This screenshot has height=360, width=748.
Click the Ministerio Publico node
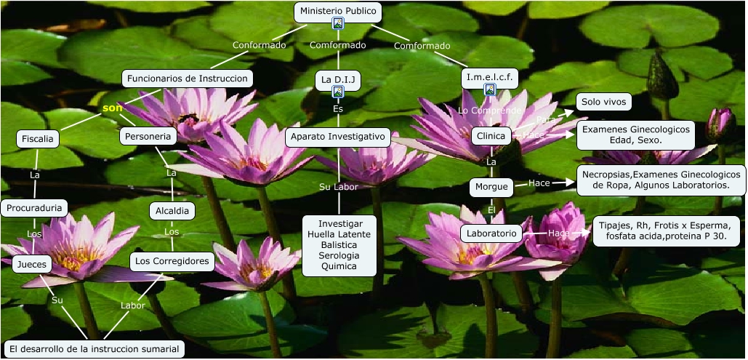pyautogui.click(x=338, y=11)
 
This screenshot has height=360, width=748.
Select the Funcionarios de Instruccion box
pyautogui.click(x=188, y=79)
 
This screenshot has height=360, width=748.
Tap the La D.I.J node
pyautogui.click(x=338, y=78)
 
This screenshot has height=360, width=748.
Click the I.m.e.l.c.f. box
pyautogui.click(x=490, y=76)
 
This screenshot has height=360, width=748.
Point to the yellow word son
pyautogui.click(x=112, y=108)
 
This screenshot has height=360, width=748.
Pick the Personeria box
pyautogui.click(x=148, y=136)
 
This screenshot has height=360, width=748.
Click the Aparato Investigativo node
pyautogui.click(x=338, y=136)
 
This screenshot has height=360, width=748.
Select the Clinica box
pyautogui.click(x=491, y=136)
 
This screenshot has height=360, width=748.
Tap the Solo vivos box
pyautogui.click(x=603, y=102)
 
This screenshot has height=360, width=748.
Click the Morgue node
pyautogui.click(x=491, y=186)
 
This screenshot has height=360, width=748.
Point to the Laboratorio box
pyautogui.click(x=491, y=233)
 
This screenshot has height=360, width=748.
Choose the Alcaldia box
pyautogui.click(x=172, y=211)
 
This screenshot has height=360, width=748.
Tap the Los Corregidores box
pyautogui.click(x=173, y=261)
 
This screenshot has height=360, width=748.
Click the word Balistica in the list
pyautogui.click(x=339, y=245)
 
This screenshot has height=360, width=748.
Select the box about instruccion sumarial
pyautogui.click(x=93, y=349)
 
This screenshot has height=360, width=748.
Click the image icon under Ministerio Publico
pyautogui.click(x=338, y=24)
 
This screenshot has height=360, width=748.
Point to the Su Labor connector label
pyautogui.click(x=339, y=187)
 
